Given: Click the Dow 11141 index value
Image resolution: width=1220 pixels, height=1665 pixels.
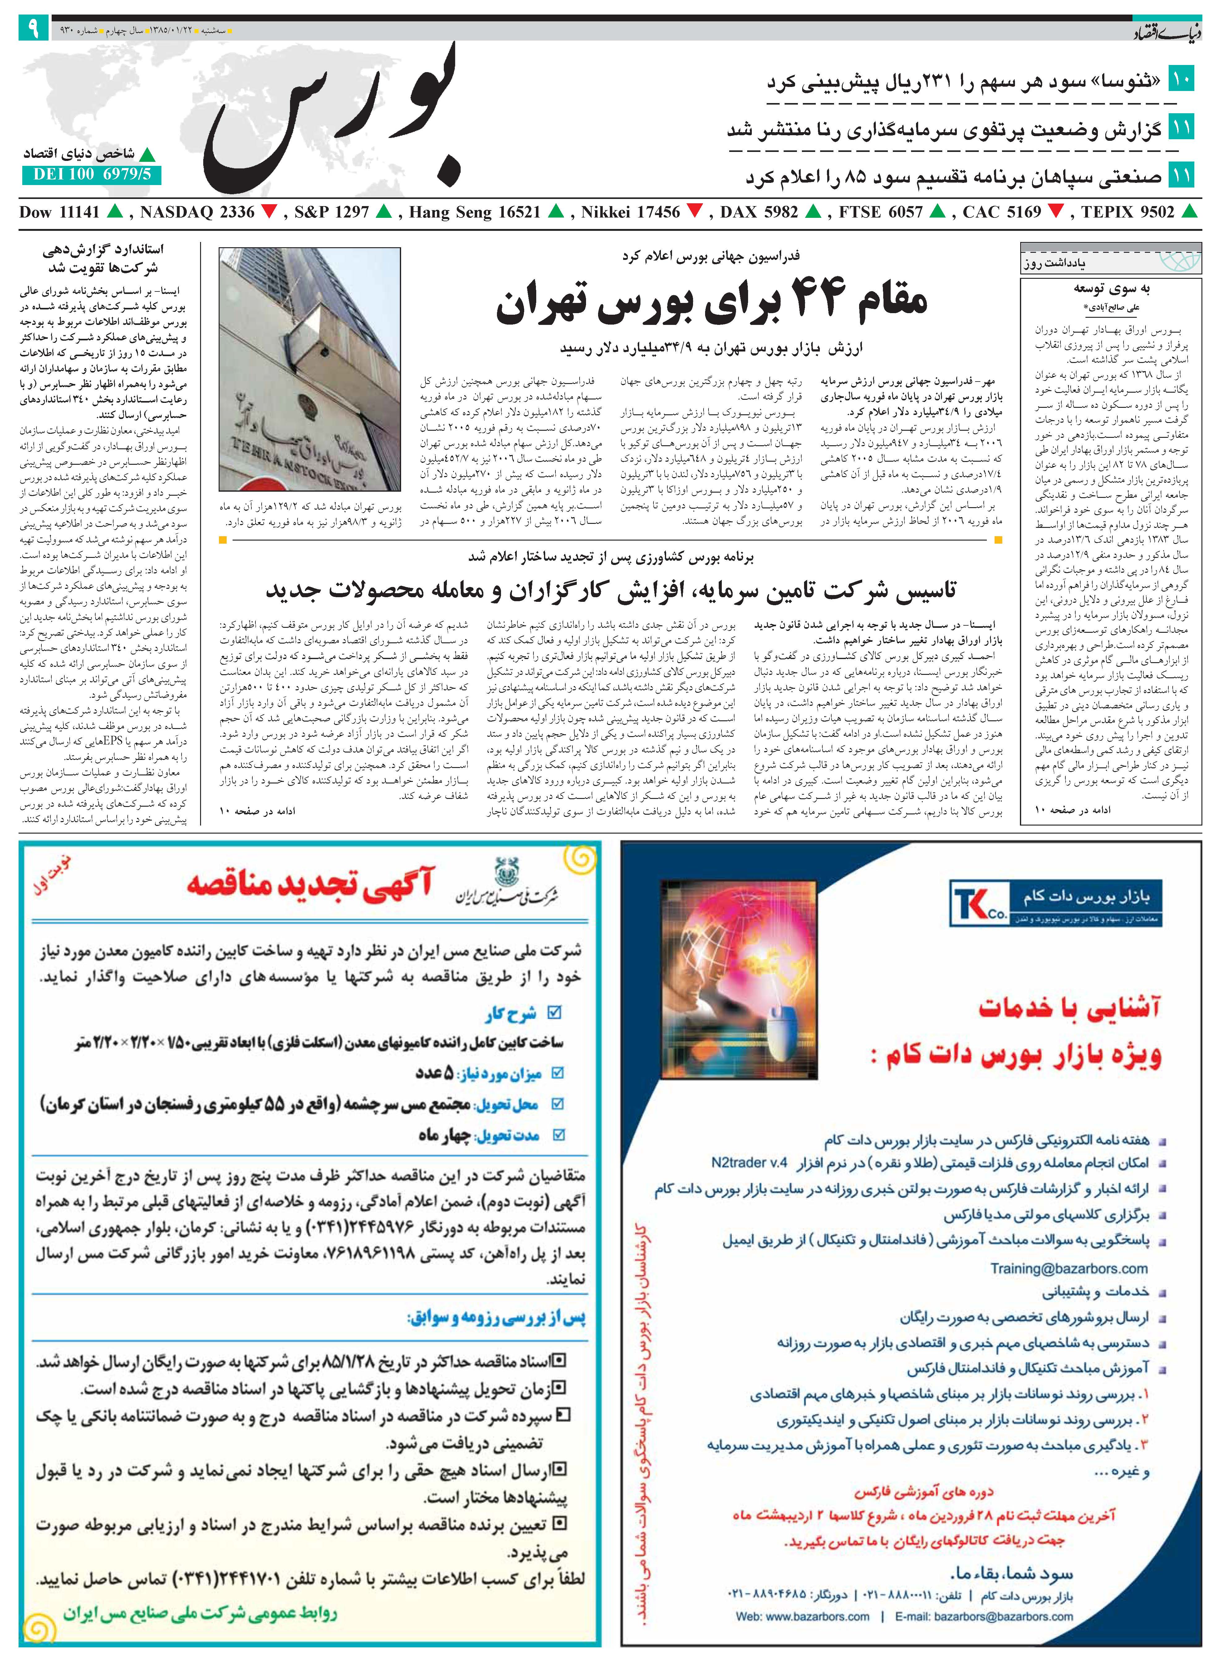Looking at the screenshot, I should click(59, 213).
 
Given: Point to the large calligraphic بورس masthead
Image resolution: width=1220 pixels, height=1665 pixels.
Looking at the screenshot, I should click(332, 118).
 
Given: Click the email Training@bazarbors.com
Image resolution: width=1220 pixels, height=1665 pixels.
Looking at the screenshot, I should click(1068, 1268).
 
